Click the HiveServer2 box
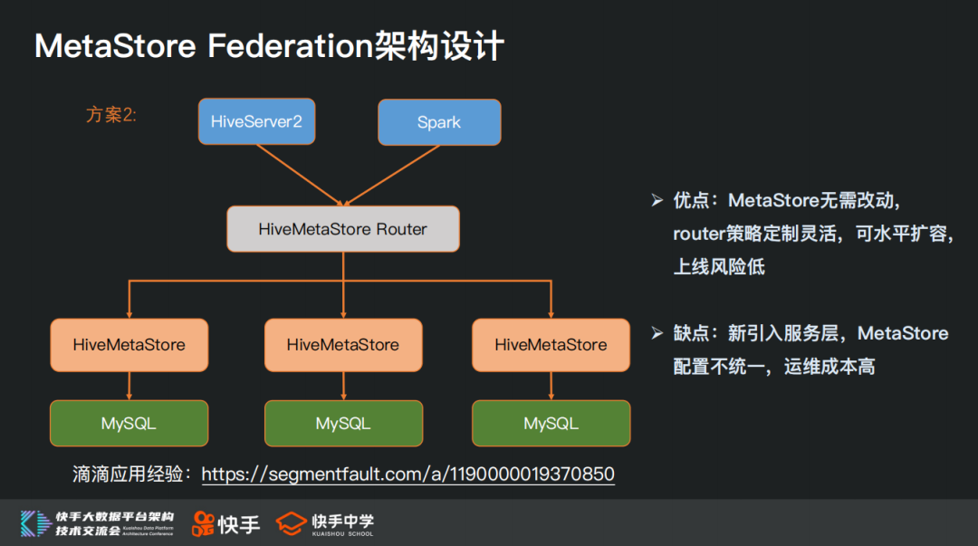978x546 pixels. point(256,121)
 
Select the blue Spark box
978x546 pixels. point(439,122)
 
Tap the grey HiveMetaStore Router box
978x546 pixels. point(342,229)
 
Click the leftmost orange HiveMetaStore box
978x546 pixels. point(129,345)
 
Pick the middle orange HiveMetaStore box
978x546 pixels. point(342,345)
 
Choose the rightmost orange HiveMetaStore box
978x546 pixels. point(551,345)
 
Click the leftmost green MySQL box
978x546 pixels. point(129,423)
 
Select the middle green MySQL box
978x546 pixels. point(342,423)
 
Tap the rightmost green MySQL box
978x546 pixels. point(551,423)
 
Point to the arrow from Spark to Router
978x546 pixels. point(391,175)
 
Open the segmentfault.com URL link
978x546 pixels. point(407,474)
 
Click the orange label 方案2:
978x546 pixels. point(111,115)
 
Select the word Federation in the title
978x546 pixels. point(290,46)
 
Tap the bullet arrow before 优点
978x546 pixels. point(657,200)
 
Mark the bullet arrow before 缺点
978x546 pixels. point(657,333)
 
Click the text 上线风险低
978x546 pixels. point(719,266)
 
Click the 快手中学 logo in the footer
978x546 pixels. point(325,523)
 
